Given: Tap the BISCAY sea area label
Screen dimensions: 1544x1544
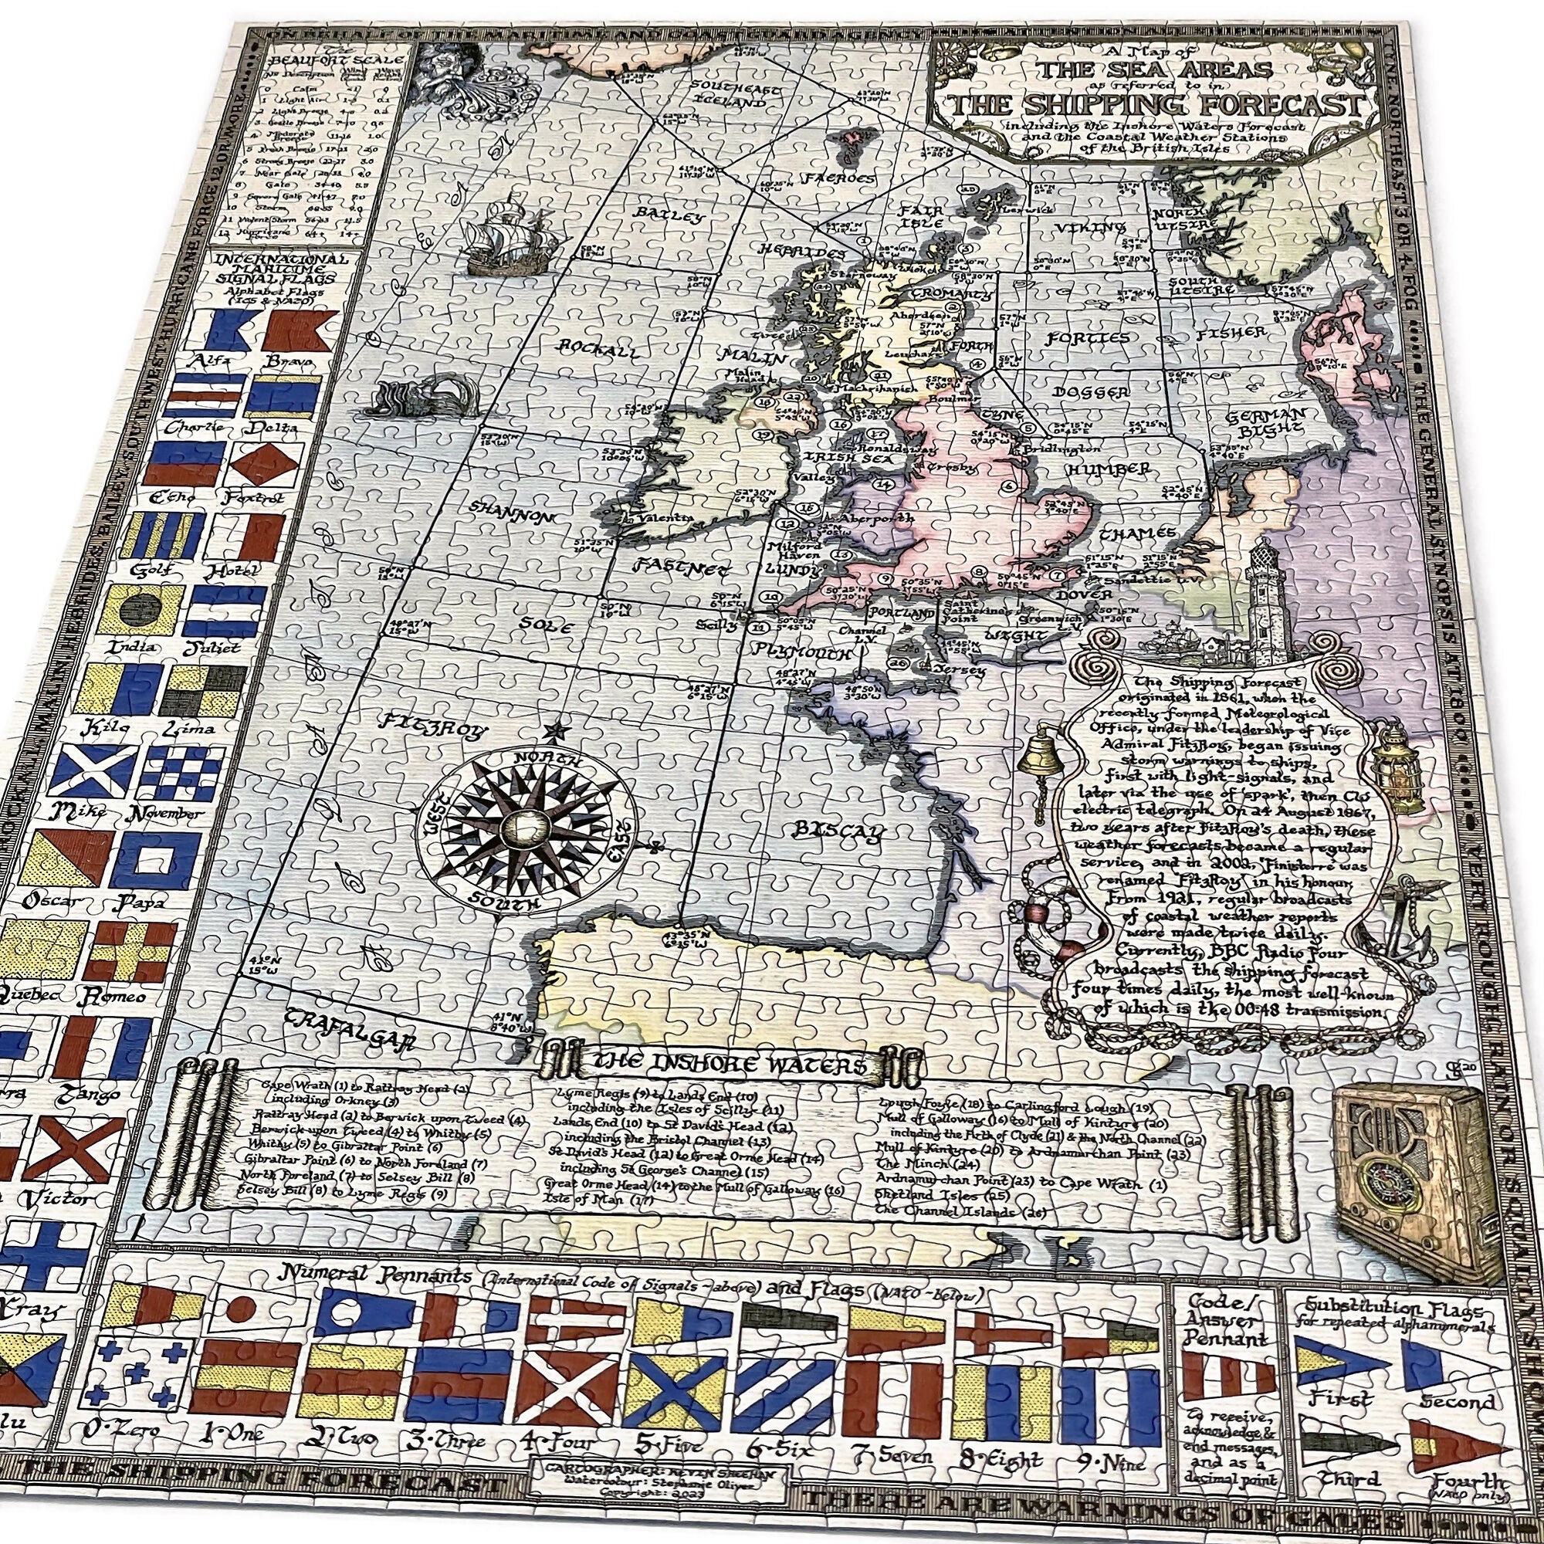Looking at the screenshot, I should (x=839, y=831).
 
